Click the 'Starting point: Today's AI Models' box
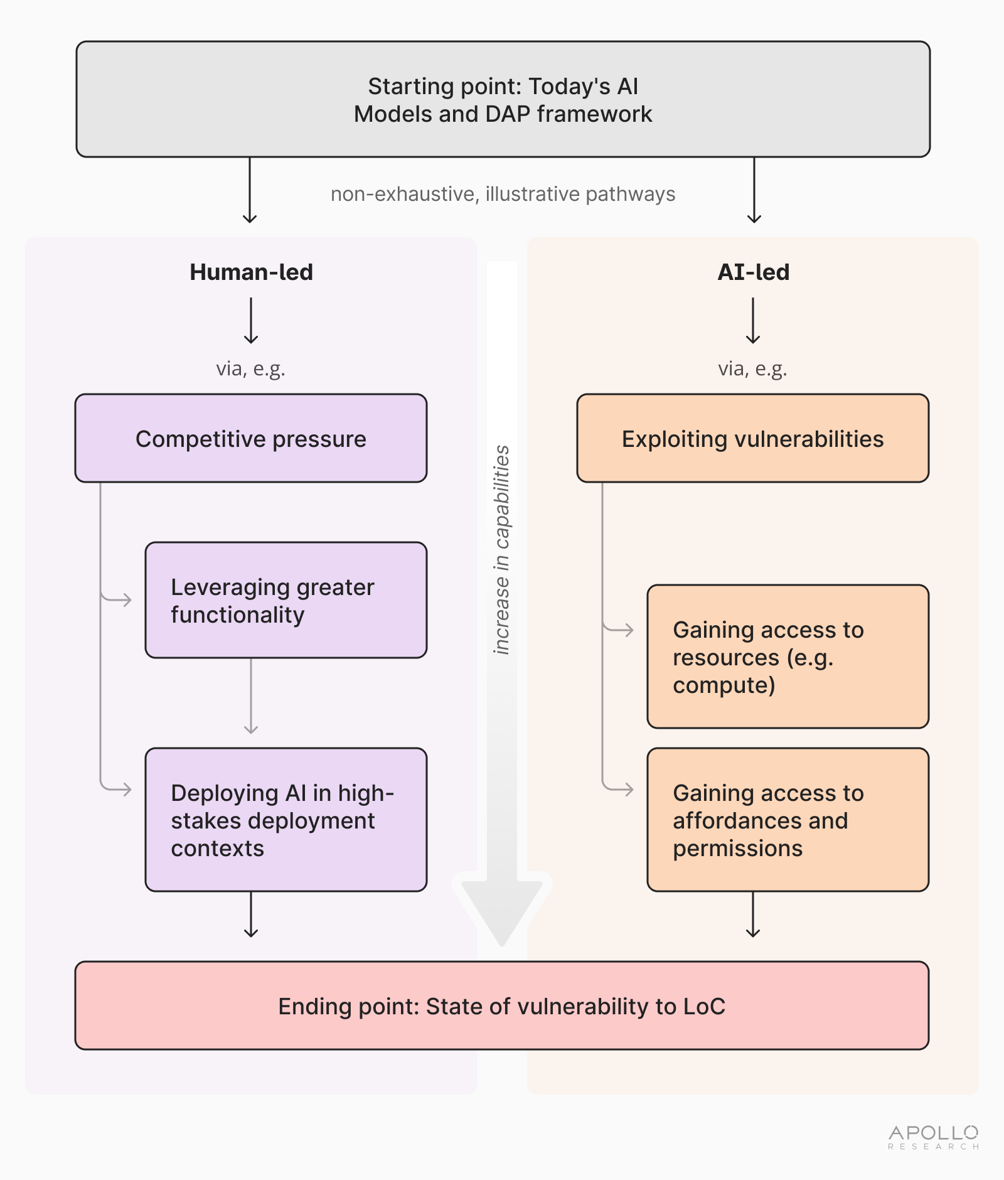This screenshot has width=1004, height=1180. point(503,99)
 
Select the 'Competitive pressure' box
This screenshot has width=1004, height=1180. point(251,438)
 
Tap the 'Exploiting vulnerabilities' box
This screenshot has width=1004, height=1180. point(752,438)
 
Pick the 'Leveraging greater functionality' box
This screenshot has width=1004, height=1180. point(286,600)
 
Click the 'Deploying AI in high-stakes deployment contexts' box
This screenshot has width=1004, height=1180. point(286,819)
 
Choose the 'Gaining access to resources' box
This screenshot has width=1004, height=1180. point(788,657)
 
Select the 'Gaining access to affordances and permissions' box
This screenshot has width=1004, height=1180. point(788,819)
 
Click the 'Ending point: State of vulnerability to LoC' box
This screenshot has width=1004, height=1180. point(502,1006)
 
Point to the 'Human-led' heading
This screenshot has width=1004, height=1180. point(251,272)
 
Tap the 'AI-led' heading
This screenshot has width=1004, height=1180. point(753,272)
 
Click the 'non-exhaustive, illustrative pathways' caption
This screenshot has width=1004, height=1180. point(503,194)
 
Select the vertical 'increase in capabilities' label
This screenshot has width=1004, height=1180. point(501,550)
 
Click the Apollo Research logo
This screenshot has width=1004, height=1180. point(933,1137)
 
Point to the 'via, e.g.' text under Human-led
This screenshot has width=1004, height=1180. point(250,368)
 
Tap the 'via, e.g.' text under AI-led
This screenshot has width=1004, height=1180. point(752,368)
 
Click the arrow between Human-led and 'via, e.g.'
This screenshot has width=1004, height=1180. point(251,321)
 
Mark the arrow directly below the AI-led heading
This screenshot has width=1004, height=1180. point(753,321)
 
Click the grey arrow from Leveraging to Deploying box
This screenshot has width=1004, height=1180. point(251,697)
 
